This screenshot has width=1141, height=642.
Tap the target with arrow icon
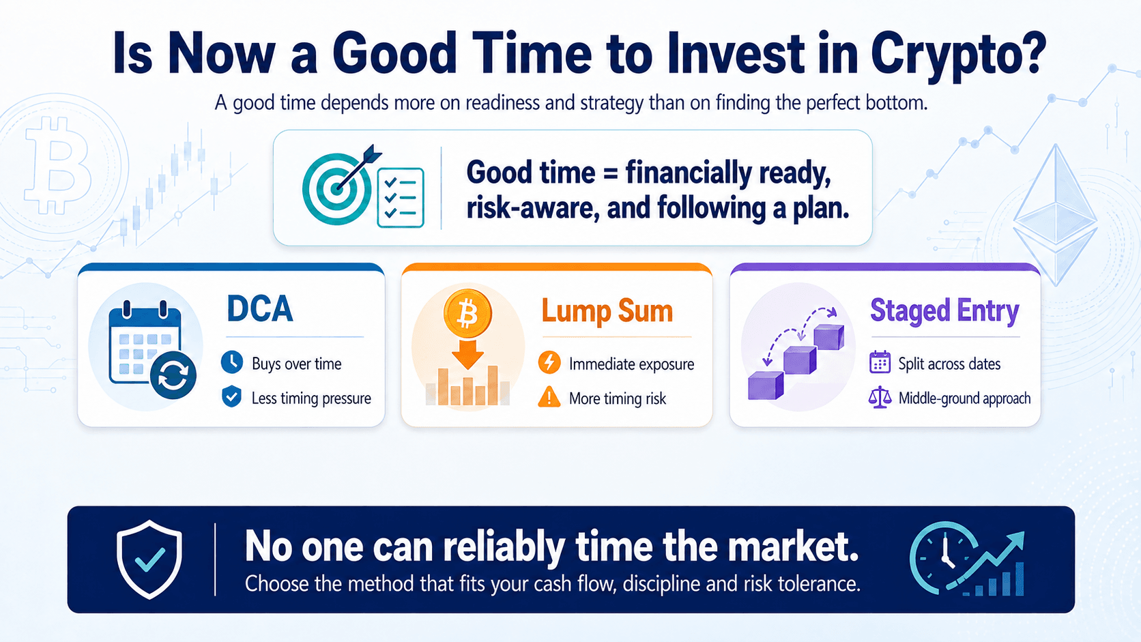click(x=341, y=186)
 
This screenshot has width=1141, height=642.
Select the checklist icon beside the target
click(x=401, y=197)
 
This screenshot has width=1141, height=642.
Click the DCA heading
click(x=260, y=308)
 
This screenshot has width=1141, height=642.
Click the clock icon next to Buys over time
click(x=232, y=362)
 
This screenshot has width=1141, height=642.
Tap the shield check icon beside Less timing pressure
click(x=232, y=396)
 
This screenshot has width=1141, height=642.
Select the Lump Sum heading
click(x=607, y=311)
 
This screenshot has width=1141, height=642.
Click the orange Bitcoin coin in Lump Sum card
click(x=467, y=313)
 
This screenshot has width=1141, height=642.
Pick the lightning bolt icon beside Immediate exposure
click(x=549, y=362)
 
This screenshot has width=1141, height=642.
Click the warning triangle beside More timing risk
click(x=549, y=397)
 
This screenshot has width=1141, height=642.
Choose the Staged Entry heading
click(x=944, y=310)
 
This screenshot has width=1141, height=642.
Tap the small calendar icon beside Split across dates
click(x=880, y=362)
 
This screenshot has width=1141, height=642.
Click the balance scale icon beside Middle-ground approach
click(x=880, y=397)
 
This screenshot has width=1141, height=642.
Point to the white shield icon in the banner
click(x=149, y=559)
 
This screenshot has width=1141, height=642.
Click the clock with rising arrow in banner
click(x=967, y=559)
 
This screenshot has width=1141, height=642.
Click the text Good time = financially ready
click(x=649, y=173)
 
